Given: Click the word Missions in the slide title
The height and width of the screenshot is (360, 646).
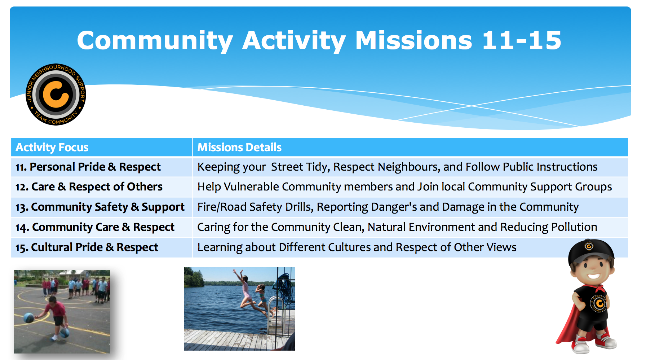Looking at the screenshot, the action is pos(413,40).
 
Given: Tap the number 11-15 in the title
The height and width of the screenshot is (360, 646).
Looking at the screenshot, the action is pos(522,40).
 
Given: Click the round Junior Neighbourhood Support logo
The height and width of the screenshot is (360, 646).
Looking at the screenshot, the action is pos(56,95).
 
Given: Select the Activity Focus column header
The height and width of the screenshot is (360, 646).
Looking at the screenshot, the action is pos(52,147).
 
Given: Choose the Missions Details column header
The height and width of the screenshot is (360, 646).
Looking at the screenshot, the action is pos(239,147).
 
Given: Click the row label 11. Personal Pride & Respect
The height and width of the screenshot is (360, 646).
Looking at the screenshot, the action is pos(88,167).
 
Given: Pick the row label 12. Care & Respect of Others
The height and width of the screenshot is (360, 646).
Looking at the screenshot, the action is pos(89,187).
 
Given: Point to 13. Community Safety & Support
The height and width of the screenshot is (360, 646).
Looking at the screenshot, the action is pos(100,207).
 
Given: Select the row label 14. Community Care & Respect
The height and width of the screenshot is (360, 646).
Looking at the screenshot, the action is pos(95,227).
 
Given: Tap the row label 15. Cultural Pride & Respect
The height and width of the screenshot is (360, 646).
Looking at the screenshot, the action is pos(87,247).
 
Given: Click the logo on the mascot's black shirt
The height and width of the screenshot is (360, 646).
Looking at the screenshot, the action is pos(599,303).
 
